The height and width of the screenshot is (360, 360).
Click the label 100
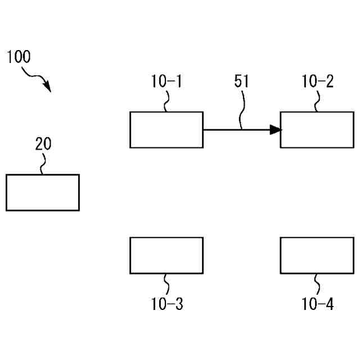(19, 57)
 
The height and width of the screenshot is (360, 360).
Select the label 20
(43, 144)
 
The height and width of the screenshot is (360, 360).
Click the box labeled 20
(43, 192)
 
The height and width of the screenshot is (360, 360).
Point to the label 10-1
(166, 82)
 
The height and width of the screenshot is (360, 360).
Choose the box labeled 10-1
(166, 130)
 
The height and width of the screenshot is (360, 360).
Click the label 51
(241, 82)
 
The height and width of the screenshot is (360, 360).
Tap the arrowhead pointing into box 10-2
(275, 130)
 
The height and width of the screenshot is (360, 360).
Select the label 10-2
(317, 82)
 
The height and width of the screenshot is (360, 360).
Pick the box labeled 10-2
(317, 130)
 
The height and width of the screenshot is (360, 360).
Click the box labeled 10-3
(166, 255)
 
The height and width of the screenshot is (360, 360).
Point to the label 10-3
(166, 304)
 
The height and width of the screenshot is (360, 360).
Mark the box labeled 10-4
(317, 255)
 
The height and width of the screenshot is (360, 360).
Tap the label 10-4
(317, 304)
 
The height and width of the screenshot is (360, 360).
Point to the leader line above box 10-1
(166, 101)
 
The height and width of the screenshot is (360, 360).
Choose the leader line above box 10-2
(317, 101)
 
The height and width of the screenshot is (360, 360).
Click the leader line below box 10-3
(166, 284)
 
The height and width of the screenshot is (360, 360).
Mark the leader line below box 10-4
(317, 284)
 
